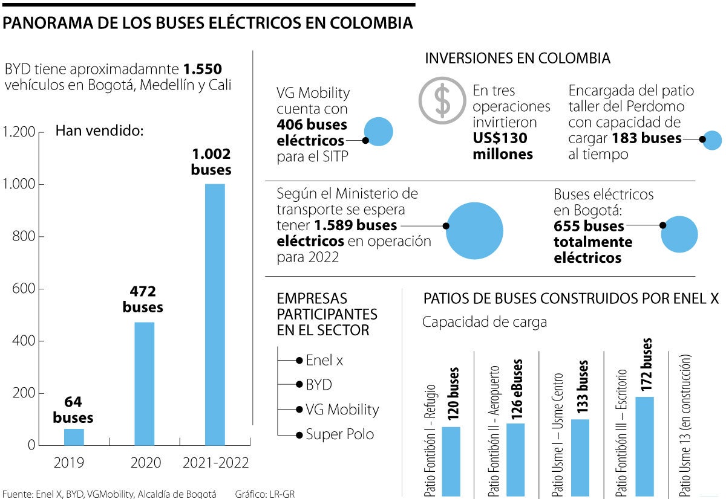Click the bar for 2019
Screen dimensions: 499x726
74,437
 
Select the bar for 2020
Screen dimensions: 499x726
144,384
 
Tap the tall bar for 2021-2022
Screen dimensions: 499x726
215,314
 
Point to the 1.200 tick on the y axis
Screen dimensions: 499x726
20,132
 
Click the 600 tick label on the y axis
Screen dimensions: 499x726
24,289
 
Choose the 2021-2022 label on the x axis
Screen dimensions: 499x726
215,463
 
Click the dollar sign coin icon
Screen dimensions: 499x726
442,100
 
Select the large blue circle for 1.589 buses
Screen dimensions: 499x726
475,231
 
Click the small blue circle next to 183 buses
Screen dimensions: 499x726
713,140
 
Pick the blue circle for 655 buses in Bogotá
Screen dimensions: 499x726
679,234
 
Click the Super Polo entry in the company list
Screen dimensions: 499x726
340,434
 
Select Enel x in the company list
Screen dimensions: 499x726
324,360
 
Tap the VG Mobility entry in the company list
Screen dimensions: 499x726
342,409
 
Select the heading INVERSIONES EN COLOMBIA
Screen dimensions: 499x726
517,59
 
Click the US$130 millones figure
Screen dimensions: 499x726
502,146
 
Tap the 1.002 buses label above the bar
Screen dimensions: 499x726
211,161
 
